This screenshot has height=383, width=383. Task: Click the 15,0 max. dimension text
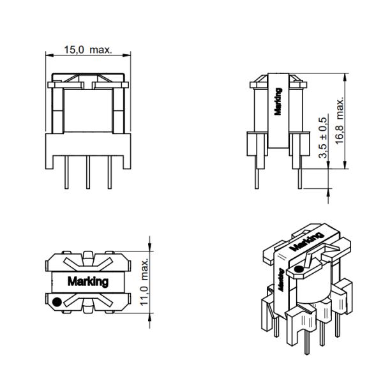[x=88, y=49]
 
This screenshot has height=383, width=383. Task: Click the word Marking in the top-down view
[x=87, y=282]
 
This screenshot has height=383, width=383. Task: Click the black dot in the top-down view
[x=57, y=302]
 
